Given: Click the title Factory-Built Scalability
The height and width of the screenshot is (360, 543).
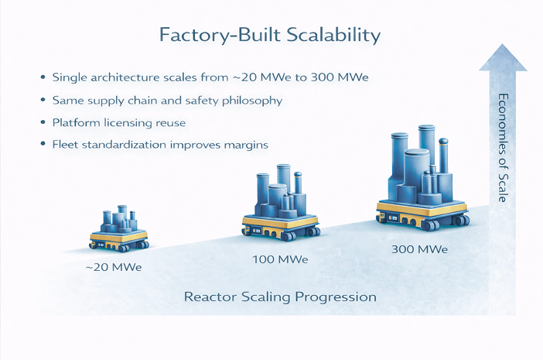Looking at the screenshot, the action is pyautogui.click(x=269, y=36).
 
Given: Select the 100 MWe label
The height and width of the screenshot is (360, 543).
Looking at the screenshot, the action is pyautogui.click(x=280, y=259).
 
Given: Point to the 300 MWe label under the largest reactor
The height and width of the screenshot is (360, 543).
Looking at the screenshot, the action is pyautogui.click(x=420, y=249).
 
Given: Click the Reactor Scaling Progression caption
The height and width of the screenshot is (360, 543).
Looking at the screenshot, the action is pyautogui.click(x=279, y=297).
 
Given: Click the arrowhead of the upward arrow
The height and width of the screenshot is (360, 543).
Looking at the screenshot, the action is pyautogui.click(x=503, y=59).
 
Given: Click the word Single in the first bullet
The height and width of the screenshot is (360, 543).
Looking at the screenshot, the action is pyautogui.click(x=68, y=77).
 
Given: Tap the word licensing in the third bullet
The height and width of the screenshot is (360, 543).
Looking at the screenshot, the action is pyautogui.click(x=130, y=123).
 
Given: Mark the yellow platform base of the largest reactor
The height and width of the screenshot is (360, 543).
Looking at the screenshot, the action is pyautogui.click(x=422, y=208).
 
